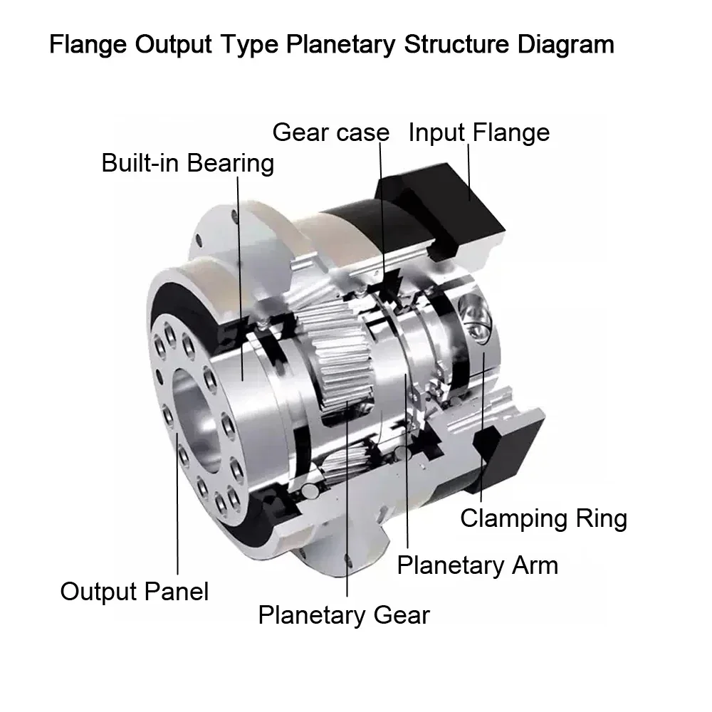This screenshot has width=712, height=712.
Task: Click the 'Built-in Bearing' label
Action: click(187, 164)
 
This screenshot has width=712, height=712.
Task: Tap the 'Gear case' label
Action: click(331, 133)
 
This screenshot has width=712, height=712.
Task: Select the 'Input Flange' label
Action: click(479, 132)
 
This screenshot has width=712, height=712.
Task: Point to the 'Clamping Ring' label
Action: click(543, 518)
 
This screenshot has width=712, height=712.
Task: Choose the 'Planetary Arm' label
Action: click(478, 566)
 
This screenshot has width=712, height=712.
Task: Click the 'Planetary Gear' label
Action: click(344, 616)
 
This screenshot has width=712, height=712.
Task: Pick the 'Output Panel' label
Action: click(135, 592)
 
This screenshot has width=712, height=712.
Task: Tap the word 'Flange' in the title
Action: click(88, 45)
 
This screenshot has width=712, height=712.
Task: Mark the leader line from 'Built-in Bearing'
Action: click(240, 278)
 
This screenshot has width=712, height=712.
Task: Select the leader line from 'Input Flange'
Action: click(469, 172)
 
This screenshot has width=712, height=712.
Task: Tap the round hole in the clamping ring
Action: click(473, 316)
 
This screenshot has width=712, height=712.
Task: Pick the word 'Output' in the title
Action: click(174, 45)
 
